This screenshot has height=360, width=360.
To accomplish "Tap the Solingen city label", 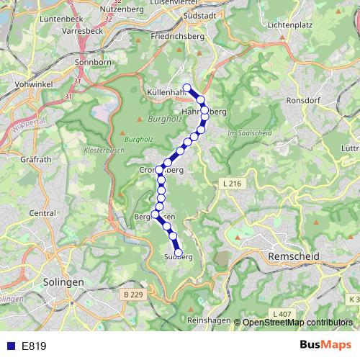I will point(63,282).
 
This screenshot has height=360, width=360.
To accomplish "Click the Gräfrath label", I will point(35,159).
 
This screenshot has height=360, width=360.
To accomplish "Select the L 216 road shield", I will point(232,185).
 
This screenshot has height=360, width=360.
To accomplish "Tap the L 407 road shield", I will point(282,314).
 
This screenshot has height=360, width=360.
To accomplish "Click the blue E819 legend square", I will point(9,346).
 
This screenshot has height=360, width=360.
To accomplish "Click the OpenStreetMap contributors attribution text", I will point(297,323).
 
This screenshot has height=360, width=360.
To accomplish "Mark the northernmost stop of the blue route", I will point(187,89).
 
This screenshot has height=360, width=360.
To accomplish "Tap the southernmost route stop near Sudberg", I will point(180,253).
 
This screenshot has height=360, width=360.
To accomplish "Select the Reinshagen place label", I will point(209,320).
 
